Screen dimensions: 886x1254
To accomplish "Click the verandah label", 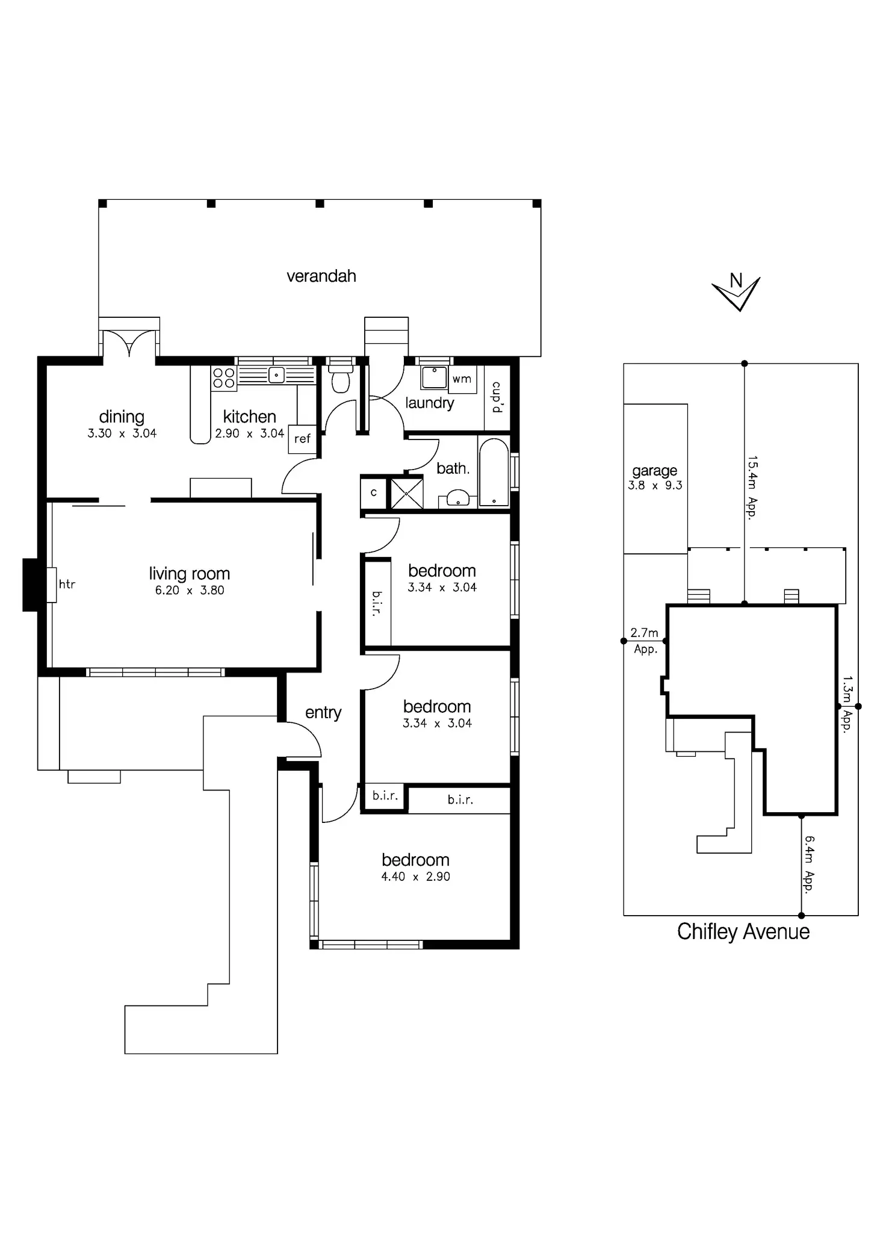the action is click(321, 276).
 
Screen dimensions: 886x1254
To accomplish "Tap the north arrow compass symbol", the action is click(736, 292).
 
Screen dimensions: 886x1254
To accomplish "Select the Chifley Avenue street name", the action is click(743, 931).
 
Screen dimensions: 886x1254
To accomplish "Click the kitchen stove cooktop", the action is click(223, 379).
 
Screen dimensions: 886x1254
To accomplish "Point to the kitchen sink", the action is click(276, 376).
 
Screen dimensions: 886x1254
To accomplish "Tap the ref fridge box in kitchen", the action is click(302, 439).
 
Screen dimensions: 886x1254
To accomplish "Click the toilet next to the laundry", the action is click(341, 379).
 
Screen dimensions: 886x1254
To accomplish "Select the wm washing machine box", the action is click(462, 379).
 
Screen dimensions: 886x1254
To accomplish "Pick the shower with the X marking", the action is click(407, 493).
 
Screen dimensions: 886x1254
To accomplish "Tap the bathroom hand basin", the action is click(458, 498).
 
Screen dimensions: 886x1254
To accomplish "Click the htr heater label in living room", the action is click(67, 584).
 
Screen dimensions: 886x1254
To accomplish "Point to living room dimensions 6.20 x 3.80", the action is click(190, 591).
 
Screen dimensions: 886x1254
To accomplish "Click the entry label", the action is click(323, 713).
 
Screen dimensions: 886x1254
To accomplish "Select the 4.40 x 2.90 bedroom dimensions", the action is click(415, 877).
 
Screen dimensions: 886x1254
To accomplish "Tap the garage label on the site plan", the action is click(655, 471).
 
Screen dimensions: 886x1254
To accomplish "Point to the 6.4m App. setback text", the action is click(809, 864).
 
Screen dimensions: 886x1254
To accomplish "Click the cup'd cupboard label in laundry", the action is click(497, 397).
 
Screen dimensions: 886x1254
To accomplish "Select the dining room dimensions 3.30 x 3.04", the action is click(122, 433).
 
